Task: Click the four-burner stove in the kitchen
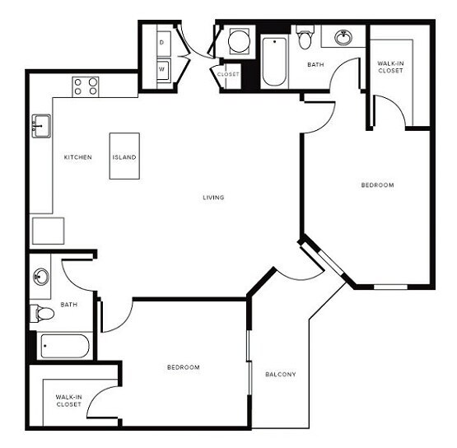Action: click(86, 86)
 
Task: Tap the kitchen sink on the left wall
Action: click(41, 126)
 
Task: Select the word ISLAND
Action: click(124, 156)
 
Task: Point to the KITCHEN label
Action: click(78, 156)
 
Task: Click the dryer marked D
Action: click(161, 41)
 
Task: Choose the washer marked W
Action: click(161, 70)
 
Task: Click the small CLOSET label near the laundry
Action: click(228, 75)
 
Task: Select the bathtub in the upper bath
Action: click(275, 62)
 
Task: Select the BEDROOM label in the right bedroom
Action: click(377, 185)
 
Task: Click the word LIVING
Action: click(214, 198)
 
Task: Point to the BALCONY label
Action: click(280, 375)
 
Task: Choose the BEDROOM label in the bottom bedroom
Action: click(182, 366)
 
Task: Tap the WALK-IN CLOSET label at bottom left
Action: click(68, 400)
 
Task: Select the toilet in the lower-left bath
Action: click(43, 313)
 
